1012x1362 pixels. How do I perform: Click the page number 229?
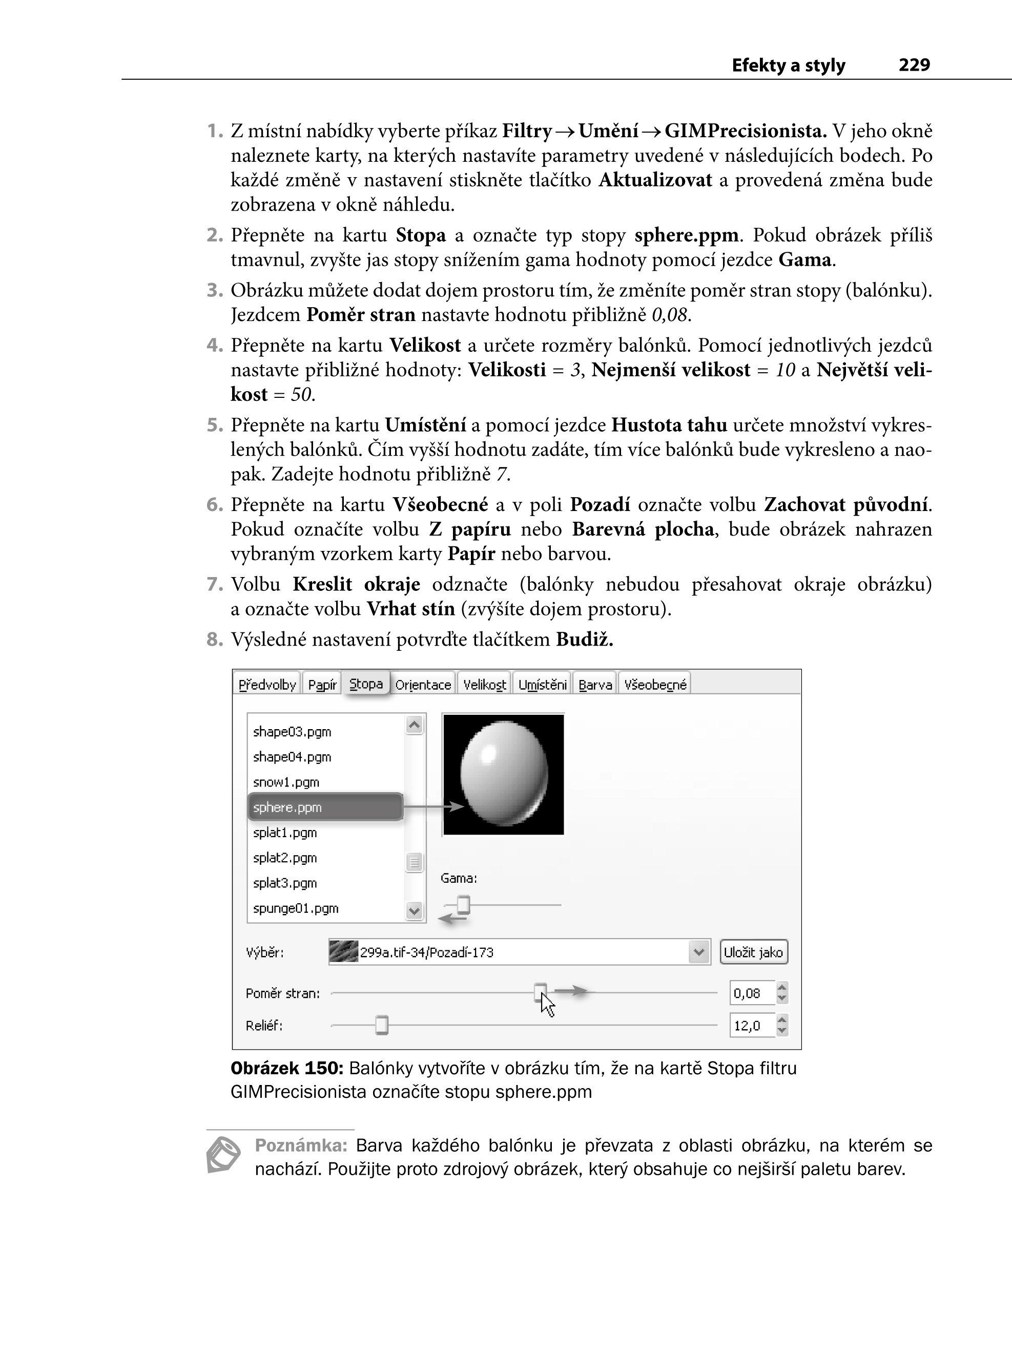pos(914,65)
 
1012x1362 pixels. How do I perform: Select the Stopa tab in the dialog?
pos(366,684)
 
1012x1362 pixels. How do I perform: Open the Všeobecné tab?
pos(655,685)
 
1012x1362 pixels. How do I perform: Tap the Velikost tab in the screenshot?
pos(485,685)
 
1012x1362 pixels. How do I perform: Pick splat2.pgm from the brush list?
pos(285,858)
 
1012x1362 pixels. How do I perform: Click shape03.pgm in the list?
pos(292,732)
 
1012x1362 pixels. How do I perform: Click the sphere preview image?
pos(503,774)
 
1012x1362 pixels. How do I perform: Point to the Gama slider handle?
pos(464,904)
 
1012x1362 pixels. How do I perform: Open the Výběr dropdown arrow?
pos(698,952)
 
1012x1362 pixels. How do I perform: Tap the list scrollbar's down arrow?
pos(415,911)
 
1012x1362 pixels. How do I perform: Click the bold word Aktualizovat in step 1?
pos(655,180)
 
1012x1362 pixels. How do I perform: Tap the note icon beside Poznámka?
pos(223,1155)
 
